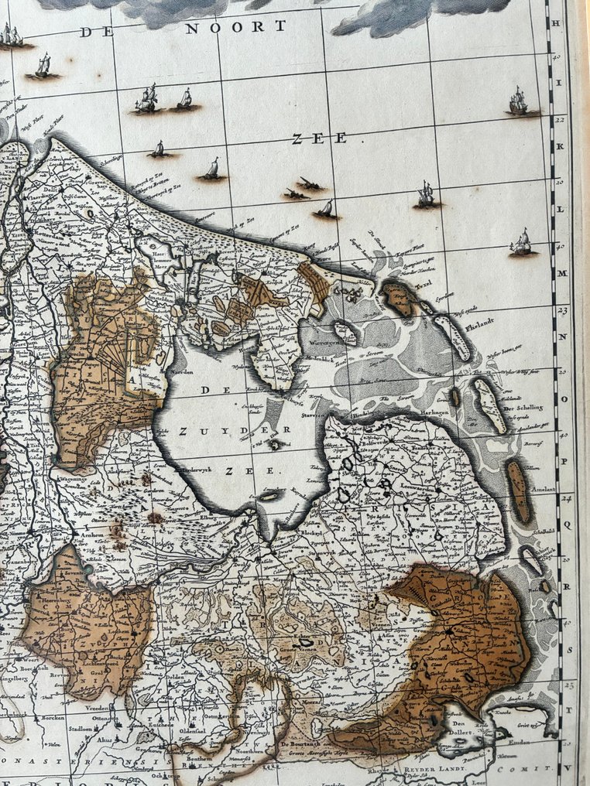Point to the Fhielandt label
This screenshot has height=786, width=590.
pyautogui.click(x=463, y=326)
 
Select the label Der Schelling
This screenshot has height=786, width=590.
pyautogui.click(x=523, y=408)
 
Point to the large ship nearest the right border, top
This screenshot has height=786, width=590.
pyautogui.click(x=519, y=101)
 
